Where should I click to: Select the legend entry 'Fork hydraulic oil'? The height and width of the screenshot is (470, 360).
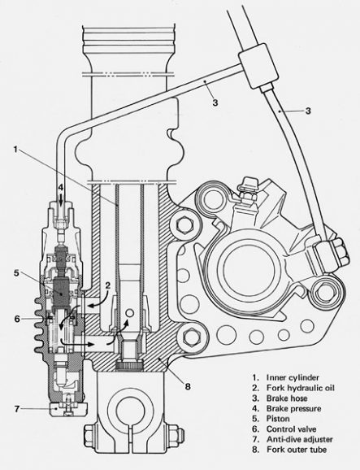[301, 388]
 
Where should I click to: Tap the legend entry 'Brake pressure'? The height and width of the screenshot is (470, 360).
[293, 408]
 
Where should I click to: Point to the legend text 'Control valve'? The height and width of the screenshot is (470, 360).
[291, 429]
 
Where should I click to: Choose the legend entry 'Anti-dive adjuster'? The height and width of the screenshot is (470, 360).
[300, 439]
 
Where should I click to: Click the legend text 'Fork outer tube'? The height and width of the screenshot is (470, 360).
[297, 450]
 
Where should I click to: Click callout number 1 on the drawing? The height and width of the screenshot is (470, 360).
[16, 149]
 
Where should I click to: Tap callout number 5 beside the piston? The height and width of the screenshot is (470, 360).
[16, 273]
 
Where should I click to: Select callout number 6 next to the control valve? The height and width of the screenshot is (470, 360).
[17, 319]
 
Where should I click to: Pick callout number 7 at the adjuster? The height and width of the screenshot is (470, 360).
[17, 408]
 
